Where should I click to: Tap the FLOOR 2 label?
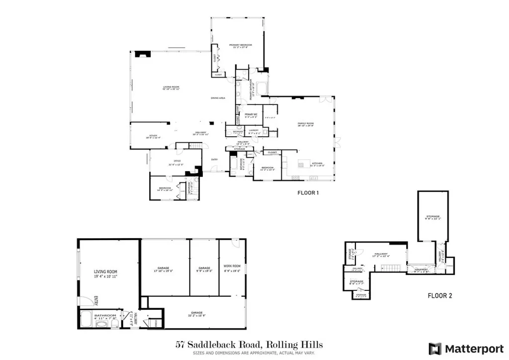pyautogui.click(x=440, y=295)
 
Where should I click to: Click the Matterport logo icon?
pyautogui.click(x=435, y=348)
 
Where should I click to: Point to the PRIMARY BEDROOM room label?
pyautogui.click(x=241, y=45)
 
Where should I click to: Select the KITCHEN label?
pyautogui.click(x=318, y=164)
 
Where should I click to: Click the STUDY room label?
pyautogui.click(x=154, y=135)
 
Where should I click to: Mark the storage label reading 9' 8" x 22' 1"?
pyautogui.click(x=432, y=217)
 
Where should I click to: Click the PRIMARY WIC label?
pyautogui.click(x=251, y=114)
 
